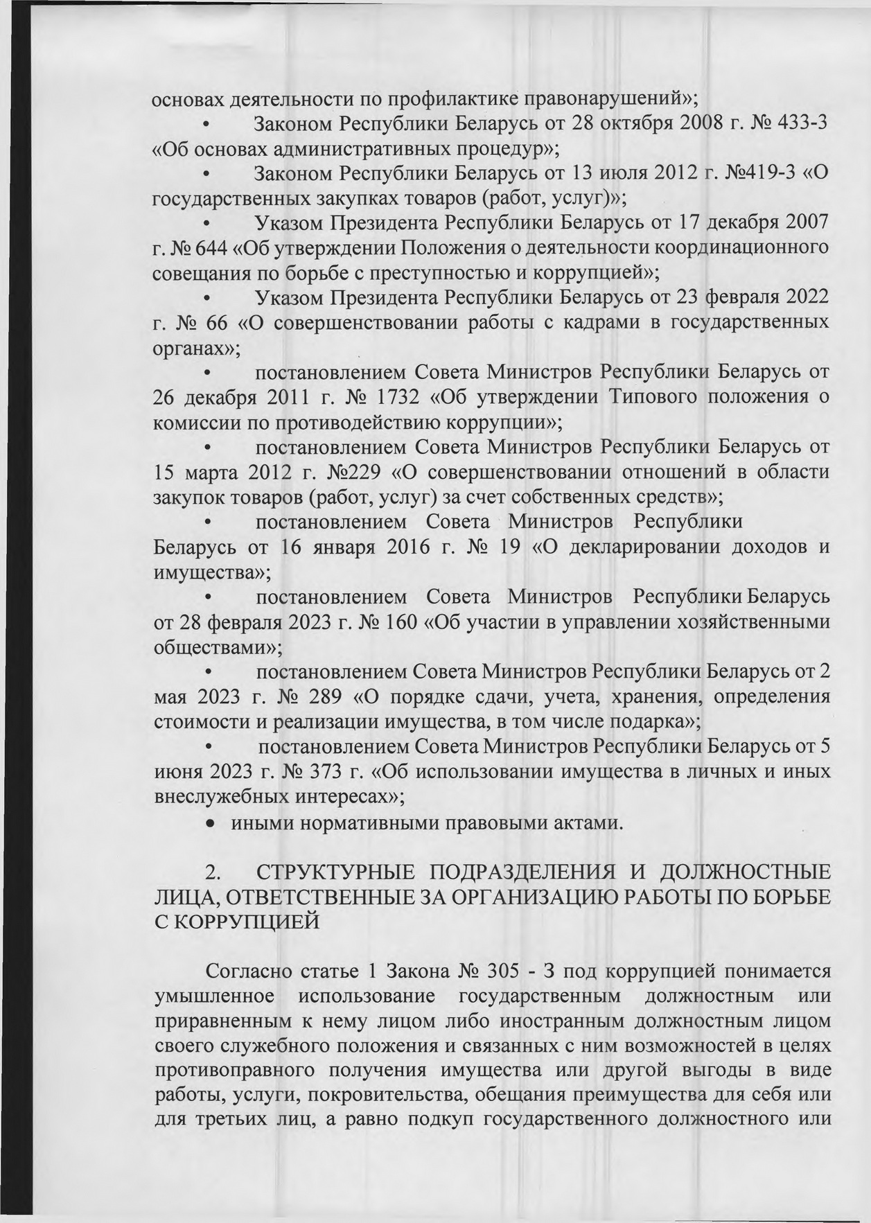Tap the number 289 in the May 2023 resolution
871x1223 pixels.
(326, 697)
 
